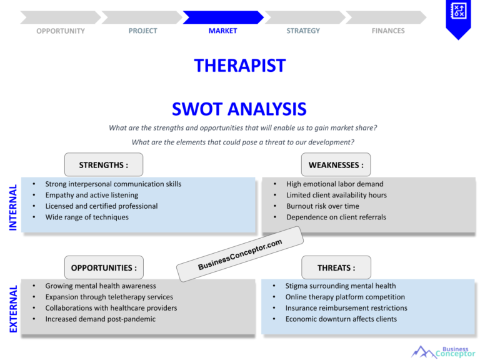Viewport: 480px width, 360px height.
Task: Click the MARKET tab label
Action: pos(222,31)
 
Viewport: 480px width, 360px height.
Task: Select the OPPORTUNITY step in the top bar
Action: pos(61,31)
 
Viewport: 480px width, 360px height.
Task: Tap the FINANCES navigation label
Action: pos(388,31)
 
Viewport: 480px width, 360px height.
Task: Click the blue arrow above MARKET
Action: pos(222,17)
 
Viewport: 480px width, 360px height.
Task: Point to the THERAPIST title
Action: pos(239,66)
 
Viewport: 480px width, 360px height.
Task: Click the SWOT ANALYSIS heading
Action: pos(239,109)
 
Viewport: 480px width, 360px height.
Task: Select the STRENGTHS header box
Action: pos(104,165)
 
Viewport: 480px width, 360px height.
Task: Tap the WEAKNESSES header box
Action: pos(336,165)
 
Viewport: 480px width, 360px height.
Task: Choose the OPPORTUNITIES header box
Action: pos(104,267)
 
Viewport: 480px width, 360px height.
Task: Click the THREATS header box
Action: pos(336,267)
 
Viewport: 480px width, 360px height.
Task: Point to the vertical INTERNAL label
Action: pos(13,207)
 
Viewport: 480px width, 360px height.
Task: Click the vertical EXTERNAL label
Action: pos(13,309)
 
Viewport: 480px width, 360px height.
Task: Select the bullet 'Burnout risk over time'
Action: pos(322,206)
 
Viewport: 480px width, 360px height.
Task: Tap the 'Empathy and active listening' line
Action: pos(92,195)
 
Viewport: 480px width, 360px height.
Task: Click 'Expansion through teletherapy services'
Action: pos(109,297)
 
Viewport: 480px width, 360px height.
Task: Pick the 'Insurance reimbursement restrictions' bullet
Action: pos(346,308)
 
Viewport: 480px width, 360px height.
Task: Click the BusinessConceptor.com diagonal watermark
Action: pos(240,255)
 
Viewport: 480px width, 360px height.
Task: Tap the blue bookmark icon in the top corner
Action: pos(458,17)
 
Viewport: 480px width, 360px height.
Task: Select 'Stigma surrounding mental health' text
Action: pos(341,286)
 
